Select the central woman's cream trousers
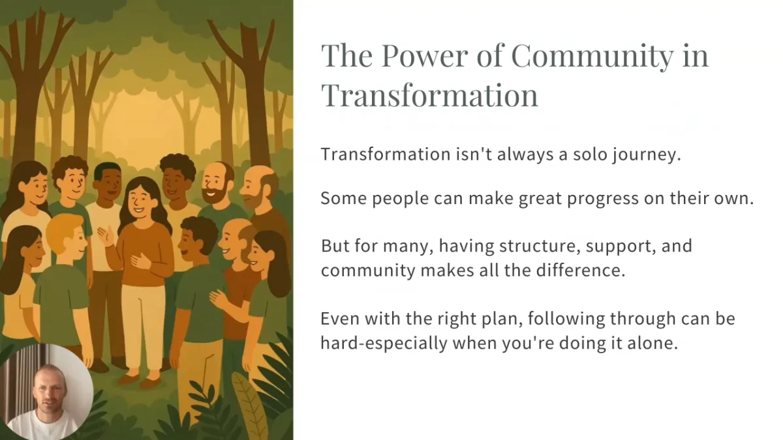point(143,326)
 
